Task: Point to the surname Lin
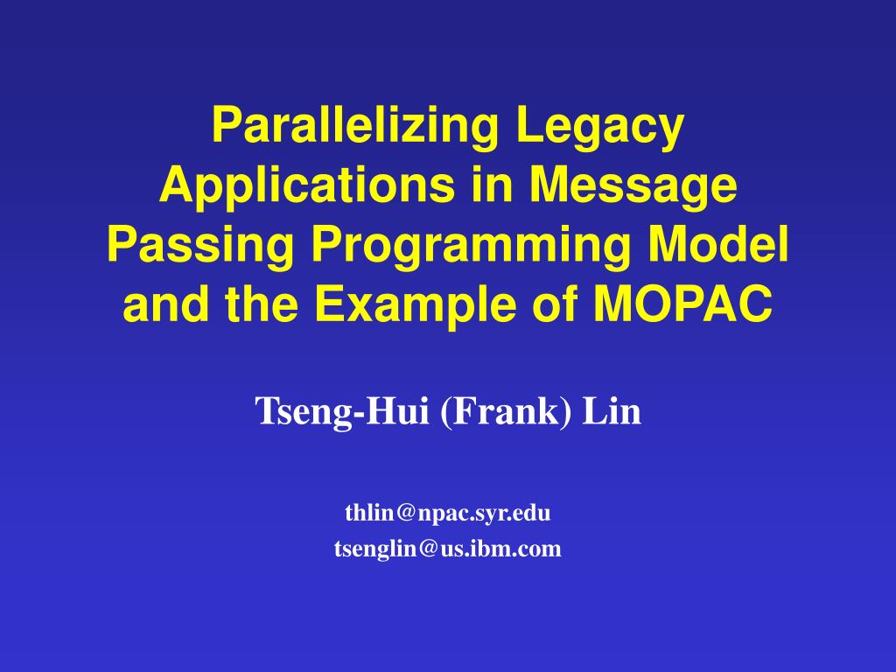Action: pos(612,411)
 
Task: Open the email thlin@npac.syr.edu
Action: pos(447,514)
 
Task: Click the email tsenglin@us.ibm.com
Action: pos(447,549)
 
